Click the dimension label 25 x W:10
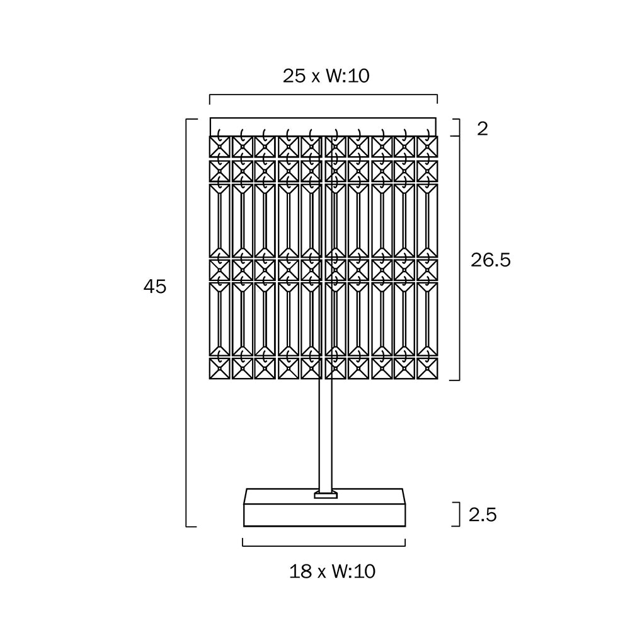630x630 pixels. click(326, 76)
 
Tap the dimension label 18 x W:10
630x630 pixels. click(332, 571)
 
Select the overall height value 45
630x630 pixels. click(155, 287)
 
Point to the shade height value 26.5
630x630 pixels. click(491, 260)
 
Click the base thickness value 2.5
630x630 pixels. click(483, 515)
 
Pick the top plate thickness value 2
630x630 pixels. click(483, 129)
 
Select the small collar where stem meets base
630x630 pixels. click(326, 495)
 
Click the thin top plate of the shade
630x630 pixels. click(323, 125)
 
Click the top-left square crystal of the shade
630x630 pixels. click(219, 146)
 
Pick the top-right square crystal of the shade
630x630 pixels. click(427, 146)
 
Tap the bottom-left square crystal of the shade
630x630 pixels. click(219, 368)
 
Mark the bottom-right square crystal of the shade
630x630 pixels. click(427, 368)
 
